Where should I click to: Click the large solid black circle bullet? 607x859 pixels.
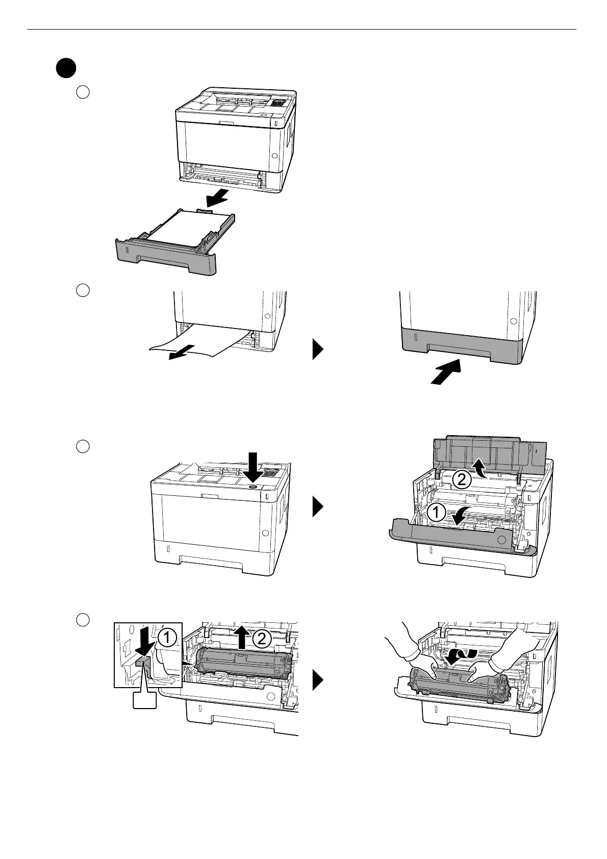pos(66,69)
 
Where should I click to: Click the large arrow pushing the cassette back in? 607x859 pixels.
pos(445,371)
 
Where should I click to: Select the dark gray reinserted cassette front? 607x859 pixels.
pos(461,345)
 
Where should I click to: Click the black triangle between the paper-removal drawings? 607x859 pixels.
pos(318,350)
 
